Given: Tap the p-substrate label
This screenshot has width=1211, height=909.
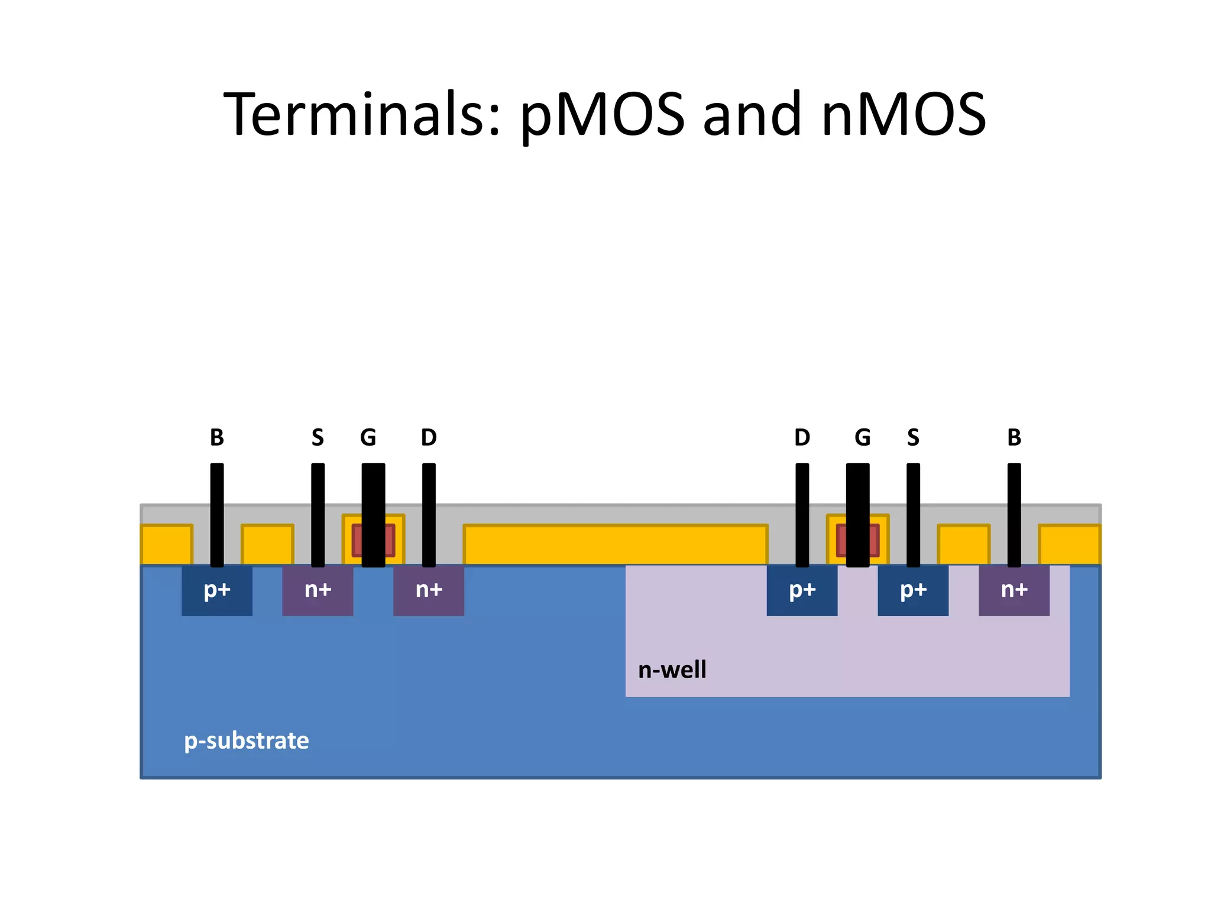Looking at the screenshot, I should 246,740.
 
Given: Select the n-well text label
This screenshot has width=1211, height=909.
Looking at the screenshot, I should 672,670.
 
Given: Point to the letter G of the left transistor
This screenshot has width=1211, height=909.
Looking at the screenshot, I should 368,438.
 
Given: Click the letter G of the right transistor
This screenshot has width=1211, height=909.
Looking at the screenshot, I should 862,438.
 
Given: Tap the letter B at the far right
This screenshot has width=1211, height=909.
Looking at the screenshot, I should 1014,438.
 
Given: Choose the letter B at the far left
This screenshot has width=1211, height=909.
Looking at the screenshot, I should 216,438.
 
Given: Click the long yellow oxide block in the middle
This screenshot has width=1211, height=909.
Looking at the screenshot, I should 615,544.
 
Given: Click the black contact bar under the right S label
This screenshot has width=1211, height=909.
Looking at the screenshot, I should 913,515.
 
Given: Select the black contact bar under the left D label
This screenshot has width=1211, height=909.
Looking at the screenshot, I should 429,515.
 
